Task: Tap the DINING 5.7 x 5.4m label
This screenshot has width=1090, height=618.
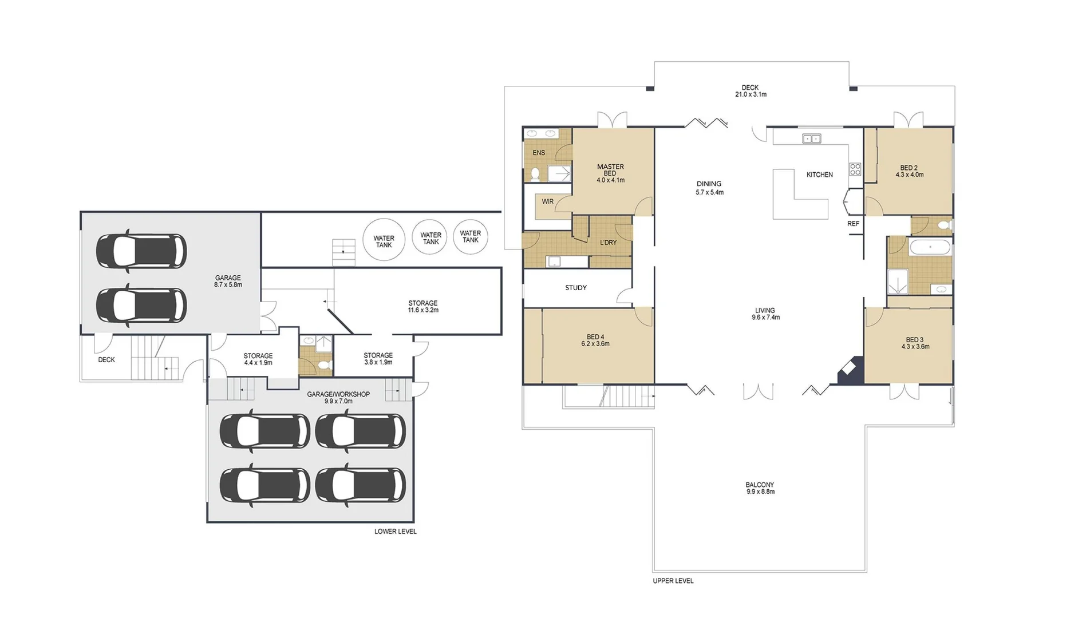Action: [x=709, y=188]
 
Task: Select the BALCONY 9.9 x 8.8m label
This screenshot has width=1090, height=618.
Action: [x=760, y=488]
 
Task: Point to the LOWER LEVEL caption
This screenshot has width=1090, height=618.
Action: [x=396, y=532]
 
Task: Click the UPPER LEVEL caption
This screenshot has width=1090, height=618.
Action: [x=673, y=581]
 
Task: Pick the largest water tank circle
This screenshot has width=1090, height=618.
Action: [x=384, y=240]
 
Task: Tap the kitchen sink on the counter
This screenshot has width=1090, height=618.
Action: [x=812, y=138]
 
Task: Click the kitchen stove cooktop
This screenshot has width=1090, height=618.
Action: [x=855, y=169]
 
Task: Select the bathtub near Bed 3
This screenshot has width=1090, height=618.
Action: [x=930, y=248]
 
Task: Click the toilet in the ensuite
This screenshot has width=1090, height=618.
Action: [x=535, y=174]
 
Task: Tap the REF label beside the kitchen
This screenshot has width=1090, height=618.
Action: [x=853, y=224]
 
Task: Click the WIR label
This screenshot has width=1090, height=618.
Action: [x=547, y=201]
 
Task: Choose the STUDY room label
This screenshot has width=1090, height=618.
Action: [x=576, y=288]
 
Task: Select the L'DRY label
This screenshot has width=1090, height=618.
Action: [x=609, y=243]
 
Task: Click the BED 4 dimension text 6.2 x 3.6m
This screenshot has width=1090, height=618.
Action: [x=595, y=344]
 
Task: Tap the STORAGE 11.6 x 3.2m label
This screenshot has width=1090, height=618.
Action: [x=423, y=307]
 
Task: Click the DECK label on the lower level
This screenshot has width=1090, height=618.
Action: [x=106, y=360]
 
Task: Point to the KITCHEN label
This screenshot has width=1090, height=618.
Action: [x=820, y=175]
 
